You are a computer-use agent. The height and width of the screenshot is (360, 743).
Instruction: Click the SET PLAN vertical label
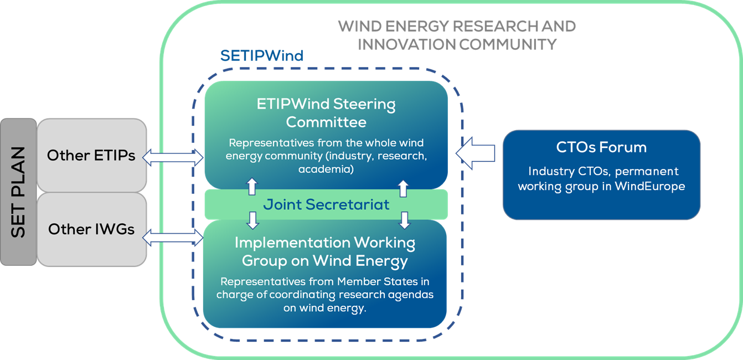tap(18, 192)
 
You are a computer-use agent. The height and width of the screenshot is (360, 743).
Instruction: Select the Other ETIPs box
tap(91, 155)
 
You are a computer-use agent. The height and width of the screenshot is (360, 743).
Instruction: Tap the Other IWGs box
tap(91, 229)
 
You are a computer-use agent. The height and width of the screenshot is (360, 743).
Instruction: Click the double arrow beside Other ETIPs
tap(173, 157)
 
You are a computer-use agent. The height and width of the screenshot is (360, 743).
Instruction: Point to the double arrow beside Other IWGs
tap(173, 238)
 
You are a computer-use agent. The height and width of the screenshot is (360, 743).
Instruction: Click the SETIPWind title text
tap(262, 55)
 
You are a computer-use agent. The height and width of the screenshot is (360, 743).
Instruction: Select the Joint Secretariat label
tap(326, 204)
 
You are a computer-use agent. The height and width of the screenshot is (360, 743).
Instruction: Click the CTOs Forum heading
tap(601, 147)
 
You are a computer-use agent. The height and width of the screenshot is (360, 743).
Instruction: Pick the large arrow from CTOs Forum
tap(476, 153)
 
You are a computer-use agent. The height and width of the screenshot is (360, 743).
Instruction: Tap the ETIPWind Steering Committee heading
tap(326, 113)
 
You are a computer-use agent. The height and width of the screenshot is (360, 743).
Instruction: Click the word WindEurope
tap(650, 186)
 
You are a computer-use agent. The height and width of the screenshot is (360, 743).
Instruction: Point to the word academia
tap(326, 169)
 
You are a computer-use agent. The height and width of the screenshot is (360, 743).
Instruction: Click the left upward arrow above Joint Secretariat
tap(252, 186)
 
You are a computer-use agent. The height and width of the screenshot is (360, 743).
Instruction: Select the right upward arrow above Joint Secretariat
tap(403, 188)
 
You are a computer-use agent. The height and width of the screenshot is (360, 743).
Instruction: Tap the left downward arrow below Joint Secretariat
tap(253, 220)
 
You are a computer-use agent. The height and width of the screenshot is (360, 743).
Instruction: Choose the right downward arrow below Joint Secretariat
tap(404, 220)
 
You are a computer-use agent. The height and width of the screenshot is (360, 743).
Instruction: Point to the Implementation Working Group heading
tap(325, 251)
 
